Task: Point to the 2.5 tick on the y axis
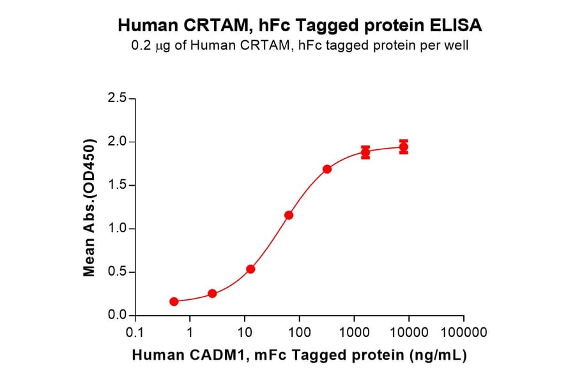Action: (x=118, y=98)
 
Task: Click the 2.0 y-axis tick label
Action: (x=118, y=142)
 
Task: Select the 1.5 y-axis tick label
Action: (x=118, y=185)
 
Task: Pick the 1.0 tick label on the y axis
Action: (x=118, y=228)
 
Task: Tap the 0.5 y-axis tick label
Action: (x=118, y=272)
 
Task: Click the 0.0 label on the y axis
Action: (x=118, y=316)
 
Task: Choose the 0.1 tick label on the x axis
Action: (x=135, y=332)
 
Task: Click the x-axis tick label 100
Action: (x=299, y=332)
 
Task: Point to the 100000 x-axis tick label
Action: (x=464, y=332)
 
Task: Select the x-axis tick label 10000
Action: (x=409, y=332)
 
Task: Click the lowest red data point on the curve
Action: (x=174, y=301)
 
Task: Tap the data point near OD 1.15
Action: (x=289, y=215)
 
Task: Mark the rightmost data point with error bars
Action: (x=404, y=147)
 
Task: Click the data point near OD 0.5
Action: (x=250, y=269)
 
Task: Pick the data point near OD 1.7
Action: (x=327, y=169)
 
